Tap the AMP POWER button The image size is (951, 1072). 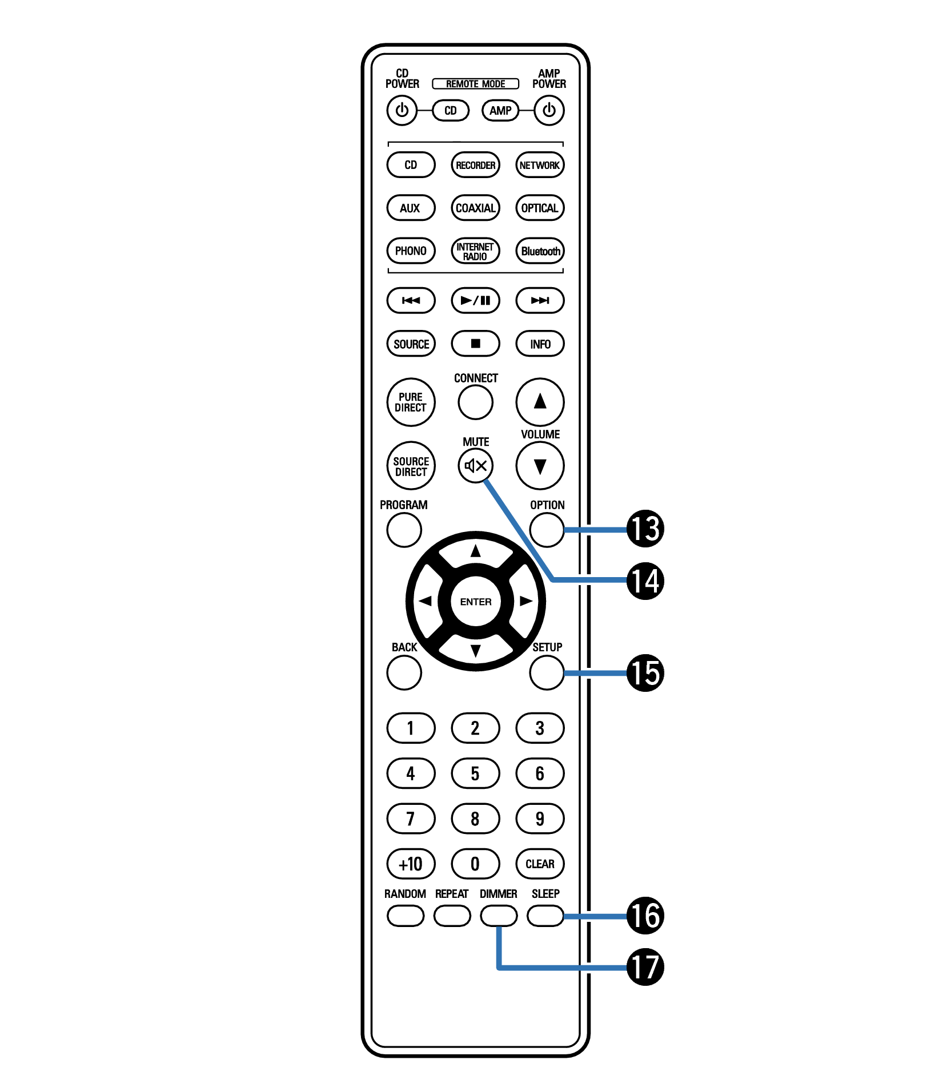pyautogui.click(x=549, y=110)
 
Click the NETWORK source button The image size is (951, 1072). pyautogui.click(x=540, y=165)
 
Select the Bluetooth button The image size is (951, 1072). pyautogui.click(x=540, y=251)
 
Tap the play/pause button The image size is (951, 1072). pyautogui.click(x=475, y=300)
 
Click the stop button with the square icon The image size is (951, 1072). pyautogui.click(x=475, y=344)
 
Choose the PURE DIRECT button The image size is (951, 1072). pyautogui.click(x=411, y=402)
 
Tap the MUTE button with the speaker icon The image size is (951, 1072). pyautogui.click(x=475, y=466)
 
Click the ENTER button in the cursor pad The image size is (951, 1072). pyautogui.click(x=475, y=602)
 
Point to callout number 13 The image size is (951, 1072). pyautogui.click(x=645, y=529)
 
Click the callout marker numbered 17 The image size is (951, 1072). pyautogui.click(x=645, y=967)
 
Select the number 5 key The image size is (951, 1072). pyautogui.click(x=475, y=773)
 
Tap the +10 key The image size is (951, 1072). pyautogui.click(x=411, y=864)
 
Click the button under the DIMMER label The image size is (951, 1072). pyautogui.click(x=499, y=916)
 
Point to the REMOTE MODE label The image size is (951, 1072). pyautogui.click(x=475, y=84)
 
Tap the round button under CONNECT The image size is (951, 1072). pyautogui.click(x=475, y=402)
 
